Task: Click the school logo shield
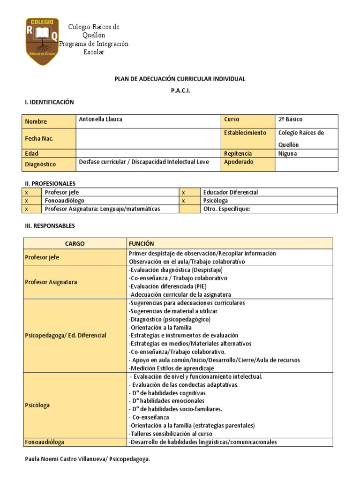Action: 42,42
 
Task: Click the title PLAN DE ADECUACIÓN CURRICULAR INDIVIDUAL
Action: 180,79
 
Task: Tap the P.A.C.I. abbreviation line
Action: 180,90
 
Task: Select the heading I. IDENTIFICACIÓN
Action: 49,102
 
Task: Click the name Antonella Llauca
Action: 101,120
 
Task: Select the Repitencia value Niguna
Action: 287,153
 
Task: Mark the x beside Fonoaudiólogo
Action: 27,201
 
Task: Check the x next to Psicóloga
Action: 184,201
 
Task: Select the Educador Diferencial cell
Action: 231,192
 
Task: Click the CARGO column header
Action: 75,244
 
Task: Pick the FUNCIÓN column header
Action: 141,244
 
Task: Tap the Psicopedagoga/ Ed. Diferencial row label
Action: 66,336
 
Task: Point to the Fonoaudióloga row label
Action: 45,442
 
